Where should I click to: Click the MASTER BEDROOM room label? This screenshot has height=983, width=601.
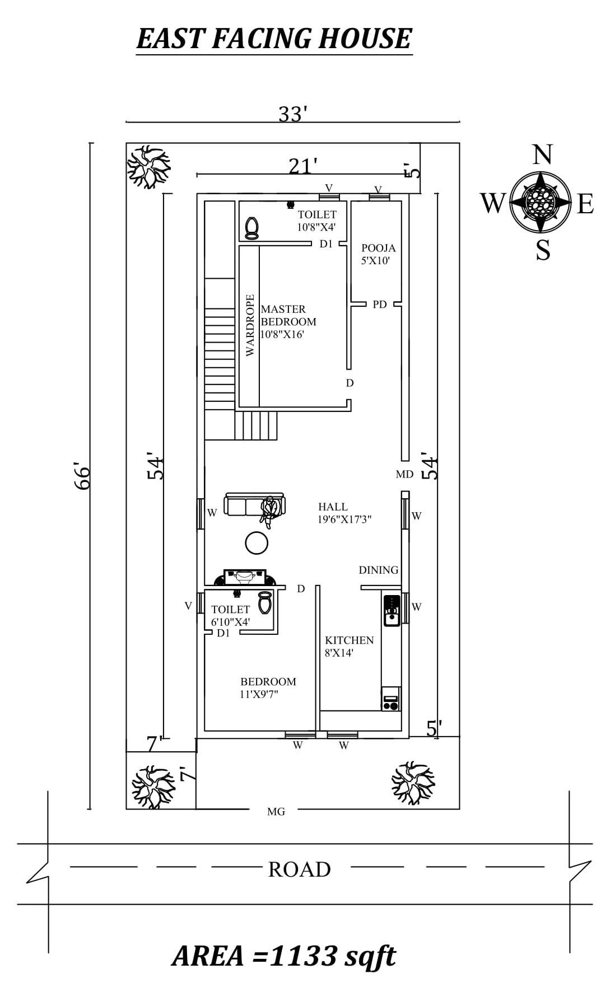point(288,315)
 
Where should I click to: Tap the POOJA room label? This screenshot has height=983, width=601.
point(378,248)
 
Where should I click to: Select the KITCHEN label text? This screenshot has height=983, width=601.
point(349,640)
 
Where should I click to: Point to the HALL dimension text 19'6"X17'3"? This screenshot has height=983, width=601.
point(344,519)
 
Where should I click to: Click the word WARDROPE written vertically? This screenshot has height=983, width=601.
point(250,325)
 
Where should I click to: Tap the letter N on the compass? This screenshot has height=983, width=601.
point(542,155)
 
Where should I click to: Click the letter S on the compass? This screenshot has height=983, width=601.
point(543,250)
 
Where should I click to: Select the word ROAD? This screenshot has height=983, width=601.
point(299,869)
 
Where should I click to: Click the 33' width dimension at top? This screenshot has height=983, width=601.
point(293,114)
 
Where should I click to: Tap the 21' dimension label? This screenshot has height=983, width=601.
point(303,166)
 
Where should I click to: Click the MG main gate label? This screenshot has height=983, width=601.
point(276,811)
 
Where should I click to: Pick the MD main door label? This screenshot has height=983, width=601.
point(404,474)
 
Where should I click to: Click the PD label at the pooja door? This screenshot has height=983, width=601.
point(379,305)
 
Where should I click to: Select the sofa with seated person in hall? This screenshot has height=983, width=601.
point(255,505)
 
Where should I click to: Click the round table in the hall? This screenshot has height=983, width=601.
point(257,542)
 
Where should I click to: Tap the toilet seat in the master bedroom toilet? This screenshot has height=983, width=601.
point(252,228)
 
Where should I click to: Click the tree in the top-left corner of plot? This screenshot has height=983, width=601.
point(148,166)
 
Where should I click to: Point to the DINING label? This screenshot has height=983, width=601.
point(379,570)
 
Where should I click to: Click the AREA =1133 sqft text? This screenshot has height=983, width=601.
point(283,956)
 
